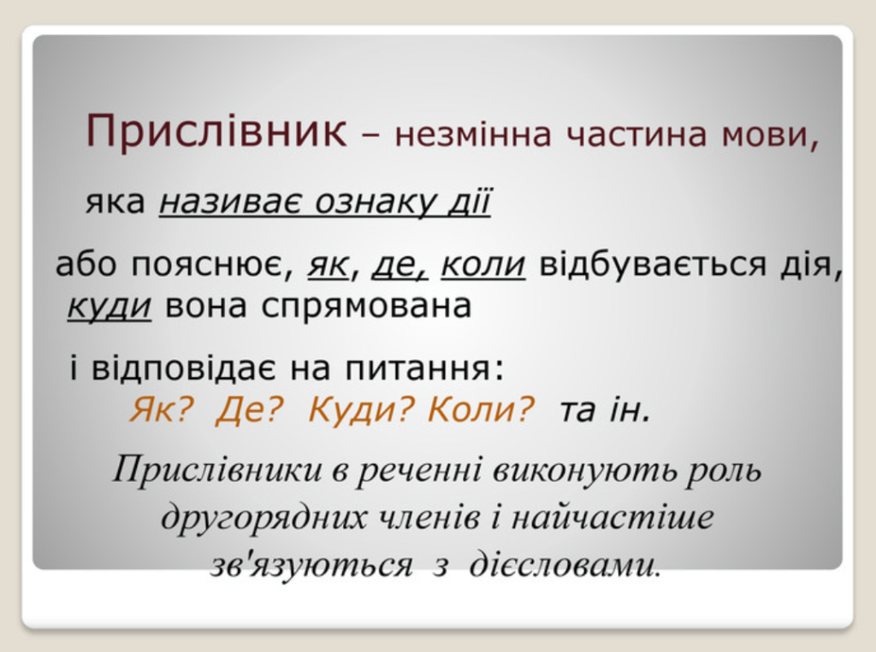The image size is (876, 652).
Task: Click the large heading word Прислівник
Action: [x=216, y=132]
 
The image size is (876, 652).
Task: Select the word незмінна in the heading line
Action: [x=473, y=135]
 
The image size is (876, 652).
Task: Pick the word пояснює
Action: [x=212, y=266]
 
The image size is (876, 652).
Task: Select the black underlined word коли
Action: [x=483, y=264]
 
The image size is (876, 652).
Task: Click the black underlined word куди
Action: [x=109, y=307]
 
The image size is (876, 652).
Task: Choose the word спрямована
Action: [x=366, y=308]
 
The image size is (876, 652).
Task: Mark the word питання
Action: [x=424, y=369]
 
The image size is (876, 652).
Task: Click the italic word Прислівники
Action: [x=217, y=471]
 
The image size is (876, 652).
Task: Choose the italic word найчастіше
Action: [x=613, y=516]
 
